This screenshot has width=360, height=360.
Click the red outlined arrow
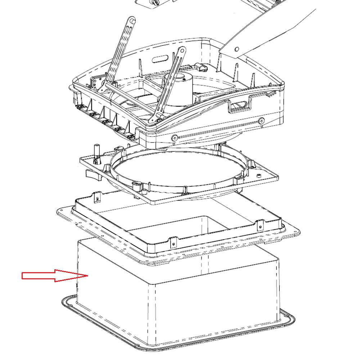(x=54, y=276)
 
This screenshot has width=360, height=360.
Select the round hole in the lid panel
(x=237, y=49)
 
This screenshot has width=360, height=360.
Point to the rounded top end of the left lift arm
(x=132, y=21)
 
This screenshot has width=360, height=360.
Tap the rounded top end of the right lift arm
(x=183, y=52)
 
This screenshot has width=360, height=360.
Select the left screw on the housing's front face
(x=175, y=138)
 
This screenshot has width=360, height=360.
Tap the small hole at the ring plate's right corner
(x=259, y=176)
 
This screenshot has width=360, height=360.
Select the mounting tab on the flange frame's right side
(x=260, y=226)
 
